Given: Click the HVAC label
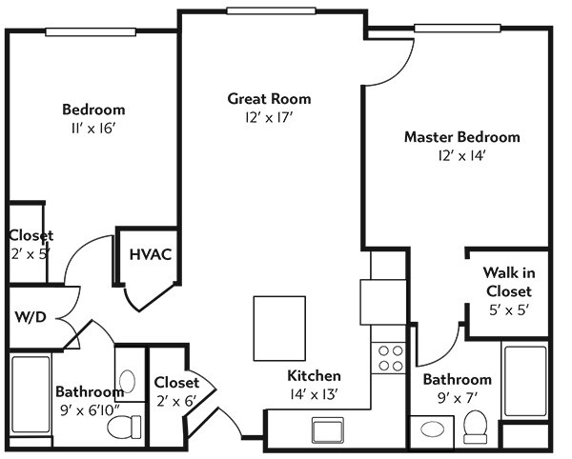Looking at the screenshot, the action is tap(151, 254).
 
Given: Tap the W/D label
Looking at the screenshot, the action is tap(31, 317).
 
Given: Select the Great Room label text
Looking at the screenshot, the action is tap(269, 99).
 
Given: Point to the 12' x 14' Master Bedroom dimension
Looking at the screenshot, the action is tap(461, 156).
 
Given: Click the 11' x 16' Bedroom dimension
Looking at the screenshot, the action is tap(93, 129).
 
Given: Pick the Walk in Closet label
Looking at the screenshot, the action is tap(509, 282).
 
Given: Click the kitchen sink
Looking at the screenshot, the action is tap(328, 430).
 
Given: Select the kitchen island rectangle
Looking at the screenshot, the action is tap(279, 329).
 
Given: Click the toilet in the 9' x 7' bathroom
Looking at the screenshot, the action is tap(476, 427).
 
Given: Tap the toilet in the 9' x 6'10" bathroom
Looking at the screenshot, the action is tap(124, 427).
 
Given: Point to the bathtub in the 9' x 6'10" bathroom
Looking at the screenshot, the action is tap(31, 395).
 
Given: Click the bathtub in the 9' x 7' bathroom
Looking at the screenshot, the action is tap(525, 381).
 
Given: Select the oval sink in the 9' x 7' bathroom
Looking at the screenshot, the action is tap(432, 429).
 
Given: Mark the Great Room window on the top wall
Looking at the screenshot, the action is tap(271, 10).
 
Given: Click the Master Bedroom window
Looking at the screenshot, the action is tap(458, 28).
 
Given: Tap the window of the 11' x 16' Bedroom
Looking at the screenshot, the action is tap(91, 32).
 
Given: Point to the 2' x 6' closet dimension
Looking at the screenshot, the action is tap(176, 402).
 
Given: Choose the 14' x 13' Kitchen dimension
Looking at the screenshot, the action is tap(314, 394).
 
